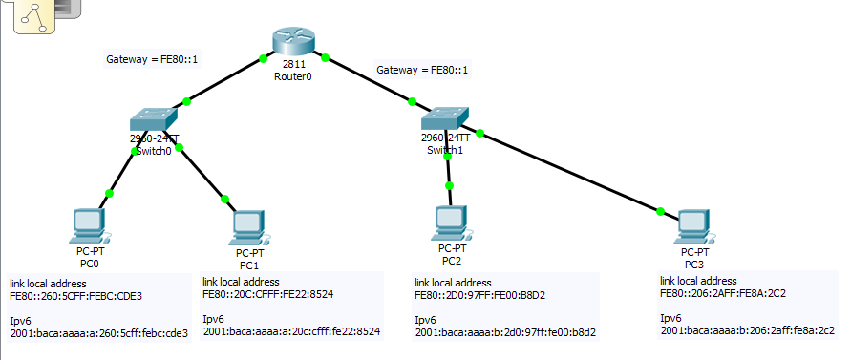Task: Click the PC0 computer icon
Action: pyautogui.click(x=89, y=226)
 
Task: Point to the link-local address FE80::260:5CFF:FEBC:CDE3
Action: pyautogui.click(x=75, y=296)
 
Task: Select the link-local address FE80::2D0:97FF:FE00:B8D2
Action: pyautogui.click(x=480, y=295)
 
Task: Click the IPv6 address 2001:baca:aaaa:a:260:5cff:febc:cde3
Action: pyautogui.click(x=99, y=333)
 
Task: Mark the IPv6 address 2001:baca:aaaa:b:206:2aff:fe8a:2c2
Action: pyautogui.click(x=748, y=330)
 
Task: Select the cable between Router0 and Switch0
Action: pyautogui.click(x=224, y=80)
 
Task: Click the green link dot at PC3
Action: pyautogui.click(x=660, y=211)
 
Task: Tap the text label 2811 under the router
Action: pyautogui.click(x=293, y=65)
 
